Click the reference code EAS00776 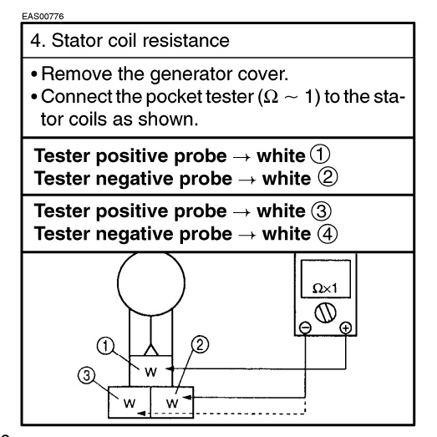tap(43, 16)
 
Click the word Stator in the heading tap(77, 40)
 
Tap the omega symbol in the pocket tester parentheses tap(271, 97)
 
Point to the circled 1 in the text tap(320, 154)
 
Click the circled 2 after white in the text tap(328, 177)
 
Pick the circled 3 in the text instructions tap(322, 211)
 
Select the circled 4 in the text tap(328, 234)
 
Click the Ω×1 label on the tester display tap(325, 288)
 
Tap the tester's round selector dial tap(325, 313)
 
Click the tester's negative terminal tap(305, 328)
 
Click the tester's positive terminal tap(346, 328)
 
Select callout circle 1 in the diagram tap(105, 346)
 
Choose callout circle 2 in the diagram tap(200, 345)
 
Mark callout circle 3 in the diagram tap(86, 375)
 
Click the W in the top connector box tap(150, 372)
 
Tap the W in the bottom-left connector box tap(130, 403)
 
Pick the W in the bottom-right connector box tap(172, 403)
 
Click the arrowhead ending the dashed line tap(141, 413)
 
